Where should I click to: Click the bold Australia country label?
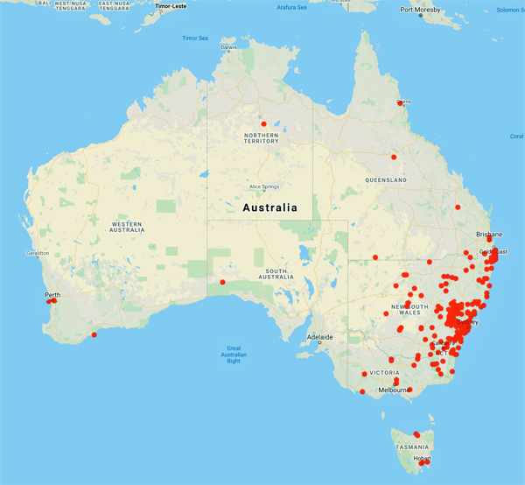click(x=269, y=208)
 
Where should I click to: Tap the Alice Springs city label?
click(x=268, y=186)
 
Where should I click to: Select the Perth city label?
click(x=54, y=294)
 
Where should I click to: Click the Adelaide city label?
click(x=319, y=337)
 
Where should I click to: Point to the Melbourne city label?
click(x=395, y=390)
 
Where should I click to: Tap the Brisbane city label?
click(x=489, y=235)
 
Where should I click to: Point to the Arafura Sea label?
click(x=292, y=7)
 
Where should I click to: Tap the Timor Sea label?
click(x=195, y=38)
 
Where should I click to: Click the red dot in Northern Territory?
click(x=263, y=123)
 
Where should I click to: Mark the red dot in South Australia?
click(x=223, y=282)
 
